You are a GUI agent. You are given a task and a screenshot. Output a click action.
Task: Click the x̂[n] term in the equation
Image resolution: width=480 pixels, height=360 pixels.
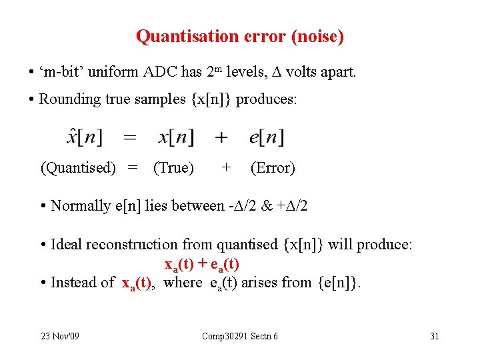coord(85,138)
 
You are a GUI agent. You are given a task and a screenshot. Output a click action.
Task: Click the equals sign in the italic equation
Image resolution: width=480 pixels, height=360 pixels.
coord(131,138)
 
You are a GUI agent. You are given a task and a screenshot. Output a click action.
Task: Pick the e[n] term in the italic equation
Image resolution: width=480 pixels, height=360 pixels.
coord(266,138)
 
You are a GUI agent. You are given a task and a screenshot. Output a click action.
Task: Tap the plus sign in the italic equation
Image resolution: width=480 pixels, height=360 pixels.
coord(221,138)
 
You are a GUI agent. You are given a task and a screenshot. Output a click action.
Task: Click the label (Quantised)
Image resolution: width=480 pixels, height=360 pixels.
coord(78,168)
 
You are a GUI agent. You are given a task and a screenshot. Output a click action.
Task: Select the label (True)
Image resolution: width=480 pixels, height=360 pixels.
coord(173,168)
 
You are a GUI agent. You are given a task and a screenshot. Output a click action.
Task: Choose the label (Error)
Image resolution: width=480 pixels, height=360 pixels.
coord(272,168)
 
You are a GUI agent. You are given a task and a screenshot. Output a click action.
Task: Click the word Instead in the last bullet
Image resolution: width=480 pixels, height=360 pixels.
coord(75,283)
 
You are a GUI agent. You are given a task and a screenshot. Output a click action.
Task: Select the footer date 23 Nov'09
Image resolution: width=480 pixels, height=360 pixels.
coord(59,336)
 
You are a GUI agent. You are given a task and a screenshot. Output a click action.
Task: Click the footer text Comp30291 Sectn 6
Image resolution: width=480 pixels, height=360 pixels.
coord(240,336)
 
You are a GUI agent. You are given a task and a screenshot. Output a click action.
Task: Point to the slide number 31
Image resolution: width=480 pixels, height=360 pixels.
coord(434,336)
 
